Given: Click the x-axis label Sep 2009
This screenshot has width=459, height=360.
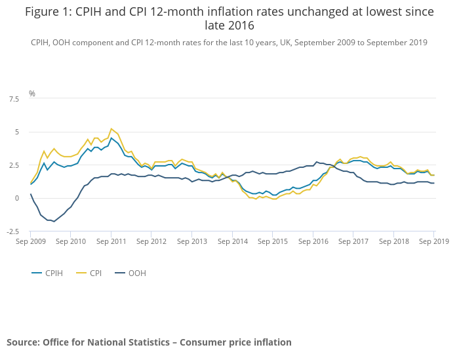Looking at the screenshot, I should [30, 241].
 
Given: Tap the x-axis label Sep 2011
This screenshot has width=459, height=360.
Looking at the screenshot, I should [111, 241].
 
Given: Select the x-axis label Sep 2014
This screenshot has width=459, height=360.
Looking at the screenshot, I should [232, 241].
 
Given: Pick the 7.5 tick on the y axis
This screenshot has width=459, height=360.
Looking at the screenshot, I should [13, 99].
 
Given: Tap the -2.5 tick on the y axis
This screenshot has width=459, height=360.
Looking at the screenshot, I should [12, 231].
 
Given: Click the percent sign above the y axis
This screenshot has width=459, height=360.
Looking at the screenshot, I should [32, 94].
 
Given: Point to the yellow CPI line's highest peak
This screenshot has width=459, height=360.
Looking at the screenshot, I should [111, 129].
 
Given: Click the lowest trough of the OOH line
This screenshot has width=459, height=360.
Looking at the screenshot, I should [54, 222].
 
